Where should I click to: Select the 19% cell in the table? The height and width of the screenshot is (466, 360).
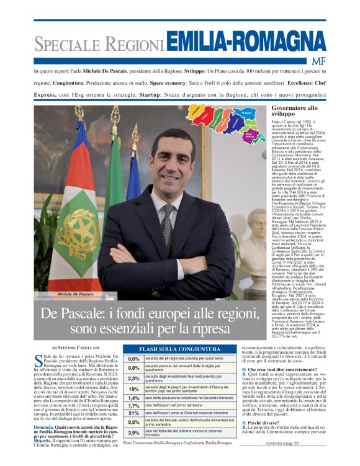point(133,389)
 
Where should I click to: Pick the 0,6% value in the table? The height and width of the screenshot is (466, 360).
point(133,359)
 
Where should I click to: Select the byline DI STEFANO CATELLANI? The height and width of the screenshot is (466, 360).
point(78,348)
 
